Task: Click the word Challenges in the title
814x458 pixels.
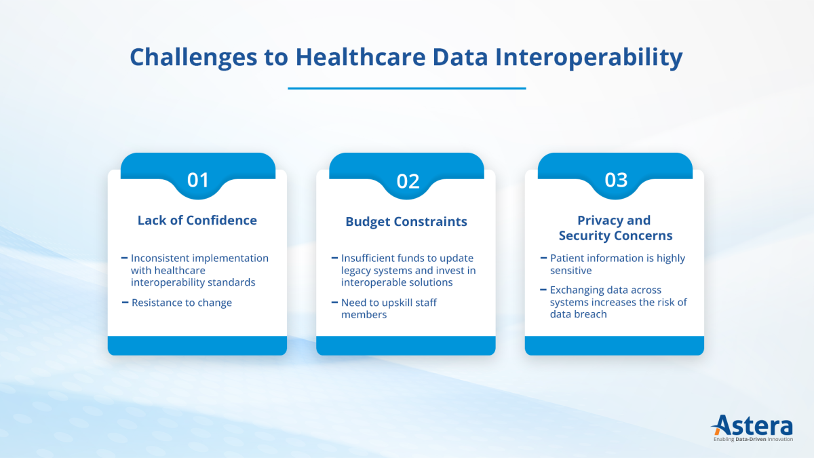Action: click(x=194, y=58)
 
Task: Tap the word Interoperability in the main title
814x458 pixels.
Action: click(x=589, y=58)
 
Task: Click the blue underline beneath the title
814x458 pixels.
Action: click(x=406, y=88)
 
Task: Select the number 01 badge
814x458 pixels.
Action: click(x=198, y=180)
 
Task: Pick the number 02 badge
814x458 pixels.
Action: click(x=408, y=181)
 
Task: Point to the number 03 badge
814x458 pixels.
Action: click(x=616, y=180)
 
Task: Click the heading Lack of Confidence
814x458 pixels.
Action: click(x=197, y=221)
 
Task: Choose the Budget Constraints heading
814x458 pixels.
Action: click(x=406, y=222)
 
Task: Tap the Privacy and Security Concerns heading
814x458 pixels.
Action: click(x=615, y=228)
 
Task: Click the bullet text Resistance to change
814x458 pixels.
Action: click(x=182, y=303)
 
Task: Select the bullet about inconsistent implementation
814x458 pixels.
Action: click(x=199, y=270)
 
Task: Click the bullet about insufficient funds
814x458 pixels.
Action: click(x=408, y=270)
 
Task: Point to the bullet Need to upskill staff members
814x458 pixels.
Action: click(x=389, y=308)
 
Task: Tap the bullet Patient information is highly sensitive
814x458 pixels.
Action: click(x=617, y=264)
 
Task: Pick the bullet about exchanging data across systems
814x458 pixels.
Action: click(x=618, y=302)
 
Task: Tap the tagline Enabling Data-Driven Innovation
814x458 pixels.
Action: click(x=754, y=440)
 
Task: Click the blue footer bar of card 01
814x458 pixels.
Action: click(x=197, y=345)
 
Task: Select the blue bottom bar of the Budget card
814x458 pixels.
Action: click(x=406, y=345)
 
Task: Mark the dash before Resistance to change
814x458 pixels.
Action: click(x=125, y=303)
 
